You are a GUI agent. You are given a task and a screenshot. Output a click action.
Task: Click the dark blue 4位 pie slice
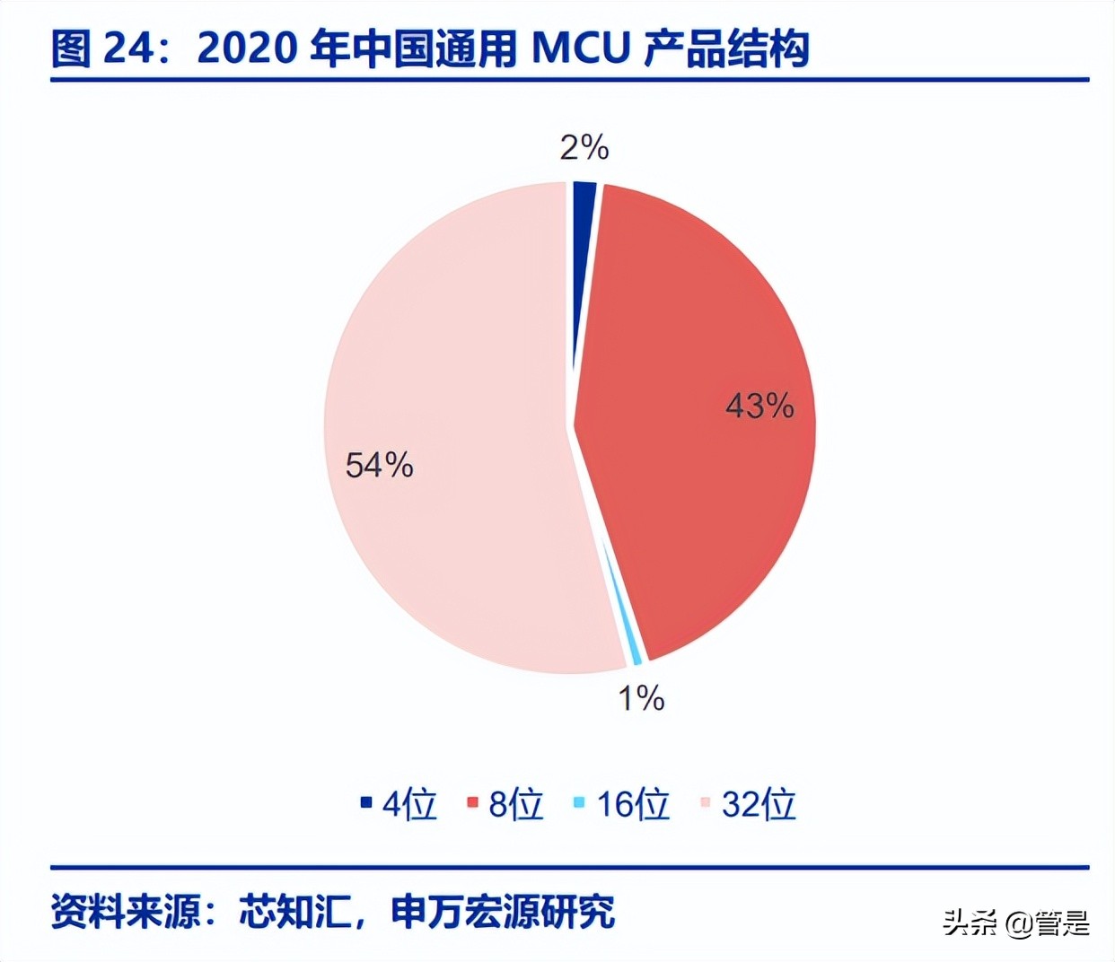click(584, 269)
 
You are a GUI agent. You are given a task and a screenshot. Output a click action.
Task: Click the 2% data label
click(584, 147)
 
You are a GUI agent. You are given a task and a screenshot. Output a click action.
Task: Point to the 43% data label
click(759, 406)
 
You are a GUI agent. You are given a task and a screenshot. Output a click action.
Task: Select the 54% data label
click(380, 465)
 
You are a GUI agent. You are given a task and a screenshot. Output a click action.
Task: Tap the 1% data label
click(641, 698)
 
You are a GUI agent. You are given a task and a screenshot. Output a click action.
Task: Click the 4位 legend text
click(409, 804)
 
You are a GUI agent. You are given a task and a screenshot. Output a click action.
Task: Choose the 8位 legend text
click(516, 804)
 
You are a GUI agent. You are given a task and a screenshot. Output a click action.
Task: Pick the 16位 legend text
click(633, 804)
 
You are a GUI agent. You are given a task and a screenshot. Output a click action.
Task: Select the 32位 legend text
click(759, 804)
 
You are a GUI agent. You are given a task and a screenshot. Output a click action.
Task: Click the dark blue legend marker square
click(366, 802)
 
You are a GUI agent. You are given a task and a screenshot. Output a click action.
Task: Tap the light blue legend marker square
click(579, 802)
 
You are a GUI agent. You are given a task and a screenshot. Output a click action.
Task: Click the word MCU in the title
click(582, 48)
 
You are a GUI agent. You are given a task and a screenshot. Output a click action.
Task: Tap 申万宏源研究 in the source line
click(503, 912)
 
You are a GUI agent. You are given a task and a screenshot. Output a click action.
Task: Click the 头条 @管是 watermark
click(1015, 923)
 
